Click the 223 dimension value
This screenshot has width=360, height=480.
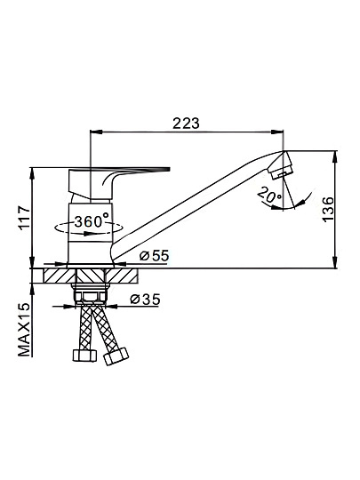(186, 123)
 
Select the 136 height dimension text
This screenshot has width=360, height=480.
(329, 210)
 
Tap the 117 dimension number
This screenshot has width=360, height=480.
(24, 218)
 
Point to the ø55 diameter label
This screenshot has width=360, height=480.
(155, 256)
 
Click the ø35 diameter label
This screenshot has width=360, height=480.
(146, 299)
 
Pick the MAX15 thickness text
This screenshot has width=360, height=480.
(25, 330)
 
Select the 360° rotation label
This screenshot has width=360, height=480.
(92, 221)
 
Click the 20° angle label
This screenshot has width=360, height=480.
(269, 196)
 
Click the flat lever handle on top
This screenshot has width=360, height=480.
(119, 170)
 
